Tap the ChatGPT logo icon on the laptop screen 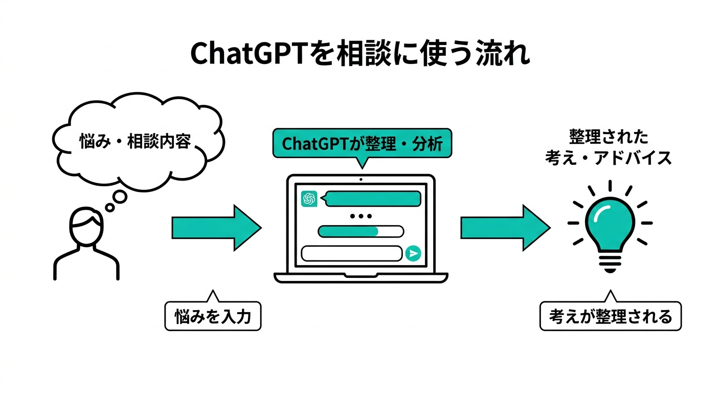309,199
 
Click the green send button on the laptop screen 413,253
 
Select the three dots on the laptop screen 361,216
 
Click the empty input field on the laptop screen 352,253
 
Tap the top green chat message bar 373,199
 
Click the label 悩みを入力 213,317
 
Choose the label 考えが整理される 611,317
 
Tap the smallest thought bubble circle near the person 109,208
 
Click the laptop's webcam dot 361,180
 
